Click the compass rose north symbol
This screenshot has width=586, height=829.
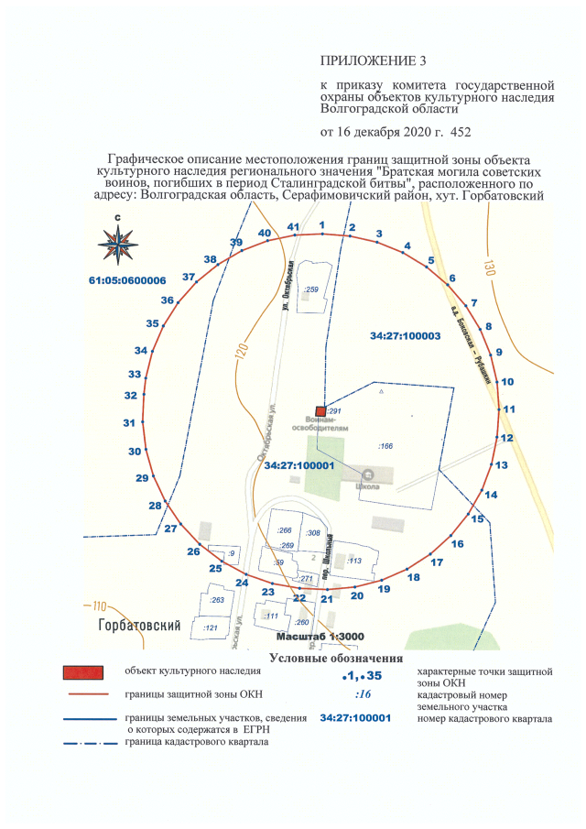[119, 240]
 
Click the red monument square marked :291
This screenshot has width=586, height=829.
[320, 411]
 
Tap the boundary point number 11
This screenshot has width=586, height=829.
[509, 409]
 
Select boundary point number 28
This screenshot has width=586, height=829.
[156, 507]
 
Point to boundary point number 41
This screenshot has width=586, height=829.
[294, 226]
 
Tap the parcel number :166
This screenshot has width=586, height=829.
[385, 446]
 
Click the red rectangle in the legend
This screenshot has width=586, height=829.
[83, 673]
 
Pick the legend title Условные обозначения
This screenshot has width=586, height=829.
[336, 659]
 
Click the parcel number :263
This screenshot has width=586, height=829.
[218, 600]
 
